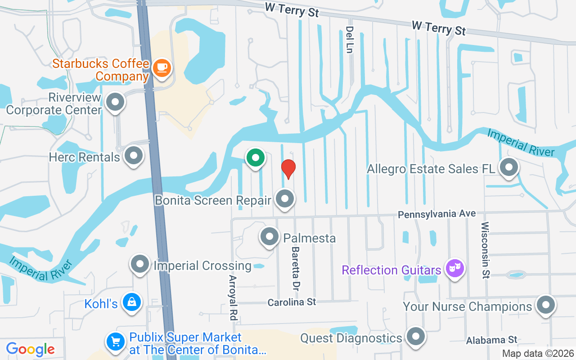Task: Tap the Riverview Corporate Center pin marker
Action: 115,102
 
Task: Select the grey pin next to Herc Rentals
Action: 133,156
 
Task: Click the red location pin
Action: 288,168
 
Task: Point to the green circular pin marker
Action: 256,158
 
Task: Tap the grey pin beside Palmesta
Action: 270,236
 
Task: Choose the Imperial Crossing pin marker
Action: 140,264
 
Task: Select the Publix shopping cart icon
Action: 116,341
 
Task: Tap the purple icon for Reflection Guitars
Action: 454,269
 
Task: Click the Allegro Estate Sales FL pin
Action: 509,167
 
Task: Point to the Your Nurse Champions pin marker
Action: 545,306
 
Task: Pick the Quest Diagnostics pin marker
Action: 415,337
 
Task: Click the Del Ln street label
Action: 349,40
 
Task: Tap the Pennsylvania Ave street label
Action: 436,214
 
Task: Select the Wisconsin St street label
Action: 485,250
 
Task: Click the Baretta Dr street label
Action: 295,268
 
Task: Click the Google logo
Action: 31,349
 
